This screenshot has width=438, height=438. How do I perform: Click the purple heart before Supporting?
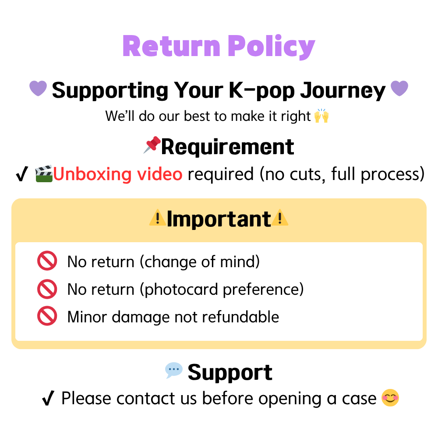(38, 88)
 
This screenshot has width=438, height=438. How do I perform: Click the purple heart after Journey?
(399, 88)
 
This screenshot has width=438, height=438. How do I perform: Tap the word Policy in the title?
(272, 46)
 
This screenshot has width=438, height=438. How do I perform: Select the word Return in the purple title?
(172, 46)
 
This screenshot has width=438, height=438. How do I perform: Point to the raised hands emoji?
(321, 116)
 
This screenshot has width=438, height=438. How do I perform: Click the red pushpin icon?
(152, 145)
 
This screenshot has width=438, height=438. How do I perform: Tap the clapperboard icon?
(44, 174)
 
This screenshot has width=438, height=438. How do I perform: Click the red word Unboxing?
(92, 174)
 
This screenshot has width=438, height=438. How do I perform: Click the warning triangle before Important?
(158, 218)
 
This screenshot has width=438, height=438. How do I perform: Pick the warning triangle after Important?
(279, 218)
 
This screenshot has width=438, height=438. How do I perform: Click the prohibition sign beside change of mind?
(47, 261)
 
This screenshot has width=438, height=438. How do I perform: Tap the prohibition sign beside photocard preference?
(47, 289)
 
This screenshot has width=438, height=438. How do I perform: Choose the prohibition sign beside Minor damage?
(47, 316)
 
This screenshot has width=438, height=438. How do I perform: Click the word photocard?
(181, 290)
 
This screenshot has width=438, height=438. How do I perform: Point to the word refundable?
(240, 317)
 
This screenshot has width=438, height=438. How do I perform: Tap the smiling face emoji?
(390, 398)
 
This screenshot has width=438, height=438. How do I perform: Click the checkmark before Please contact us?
(48, 398)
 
